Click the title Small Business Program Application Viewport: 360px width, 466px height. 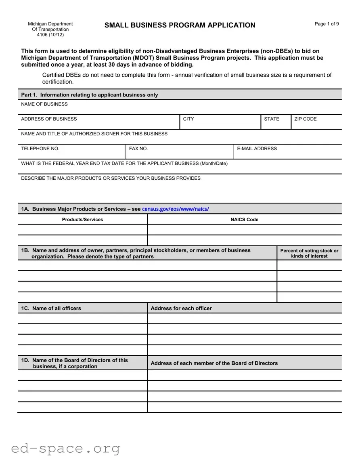click(x=180, y=25)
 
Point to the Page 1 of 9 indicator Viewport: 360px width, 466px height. click(x=327, y=24)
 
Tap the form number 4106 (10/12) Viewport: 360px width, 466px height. click(x=50, y=35)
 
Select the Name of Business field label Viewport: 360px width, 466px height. click(x=44, y=104)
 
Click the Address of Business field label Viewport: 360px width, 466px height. click(x=49, y=119)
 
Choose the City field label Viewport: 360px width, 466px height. click(x=188, y=119)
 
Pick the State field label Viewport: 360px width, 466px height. click(x=272, y=119)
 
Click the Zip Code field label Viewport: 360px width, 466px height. click(x=306, y=119)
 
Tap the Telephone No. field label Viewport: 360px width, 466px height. click(x=40, y=149)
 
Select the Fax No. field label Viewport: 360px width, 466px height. click(x=138, y=149)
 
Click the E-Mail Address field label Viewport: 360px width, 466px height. click(x=257, y=149)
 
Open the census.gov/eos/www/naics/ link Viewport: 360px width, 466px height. click(x=176, y=209)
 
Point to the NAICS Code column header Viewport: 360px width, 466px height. click(x=244, y=220)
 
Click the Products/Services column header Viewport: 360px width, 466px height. click(x=82, y=220)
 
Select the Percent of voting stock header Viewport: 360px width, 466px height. click(x=309, y=253)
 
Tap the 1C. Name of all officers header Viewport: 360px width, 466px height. click(x=51, y=308)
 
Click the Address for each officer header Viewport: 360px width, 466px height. click(x=181, y=308)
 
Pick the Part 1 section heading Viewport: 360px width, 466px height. click(x=90, y=95)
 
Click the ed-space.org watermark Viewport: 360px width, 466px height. click(x=65, y=448)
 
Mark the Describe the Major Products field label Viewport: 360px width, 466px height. click(x=111, y=178)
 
